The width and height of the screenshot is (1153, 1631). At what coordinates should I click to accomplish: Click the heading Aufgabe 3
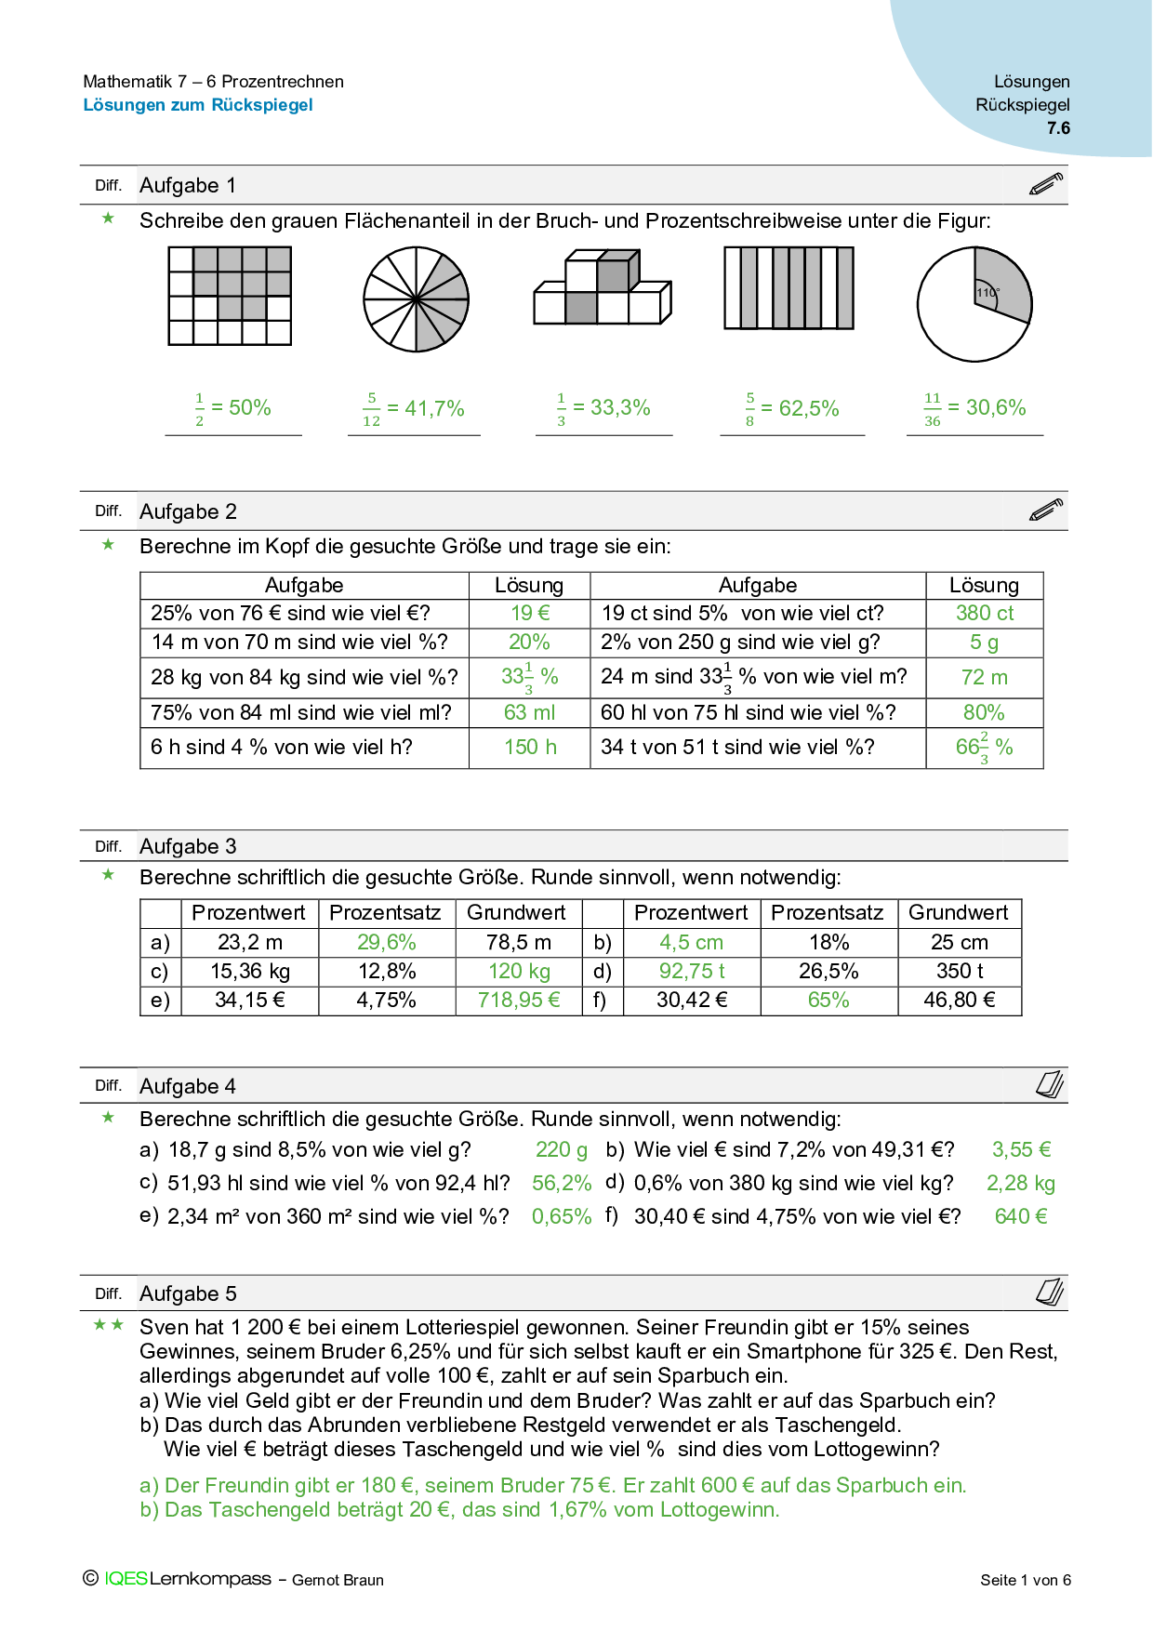pos(188,846)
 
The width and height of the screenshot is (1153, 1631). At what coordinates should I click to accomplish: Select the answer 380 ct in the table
pos(985,613)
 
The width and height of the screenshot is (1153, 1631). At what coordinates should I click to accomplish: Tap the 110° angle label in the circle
pos(987,293)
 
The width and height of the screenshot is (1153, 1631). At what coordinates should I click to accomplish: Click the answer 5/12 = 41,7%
pos(413,409)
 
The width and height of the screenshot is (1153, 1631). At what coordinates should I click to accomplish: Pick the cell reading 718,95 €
pos(519,1001)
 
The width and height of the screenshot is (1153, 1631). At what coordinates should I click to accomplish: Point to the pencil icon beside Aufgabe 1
pos(1046,184)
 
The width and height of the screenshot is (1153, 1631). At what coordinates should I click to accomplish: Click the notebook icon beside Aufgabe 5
pos(1049,1292)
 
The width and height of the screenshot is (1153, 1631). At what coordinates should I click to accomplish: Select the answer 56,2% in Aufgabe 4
pos(562,1183)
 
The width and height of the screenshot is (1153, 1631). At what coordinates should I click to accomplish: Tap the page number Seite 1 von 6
pos(1025,1580)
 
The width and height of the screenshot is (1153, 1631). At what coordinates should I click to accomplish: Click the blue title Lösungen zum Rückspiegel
pos(198,105)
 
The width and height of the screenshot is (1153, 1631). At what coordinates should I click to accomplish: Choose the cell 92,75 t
pos(692,972)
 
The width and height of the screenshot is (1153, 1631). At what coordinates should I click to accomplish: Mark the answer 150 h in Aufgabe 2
pos(530,747)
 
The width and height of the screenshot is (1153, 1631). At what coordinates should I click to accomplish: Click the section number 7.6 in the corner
pos(1058,128)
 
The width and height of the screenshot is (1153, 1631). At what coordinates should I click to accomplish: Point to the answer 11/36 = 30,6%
pos(974,408)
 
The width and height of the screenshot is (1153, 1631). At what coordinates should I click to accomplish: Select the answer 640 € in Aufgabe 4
pos(1021,1216)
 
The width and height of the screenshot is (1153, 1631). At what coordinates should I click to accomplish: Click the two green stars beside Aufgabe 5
pos(109,1325)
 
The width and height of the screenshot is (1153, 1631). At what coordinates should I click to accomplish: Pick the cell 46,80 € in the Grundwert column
pos(960,1001)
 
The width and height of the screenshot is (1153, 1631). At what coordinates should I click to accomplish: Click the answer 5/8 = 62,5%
pos(791,409)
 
